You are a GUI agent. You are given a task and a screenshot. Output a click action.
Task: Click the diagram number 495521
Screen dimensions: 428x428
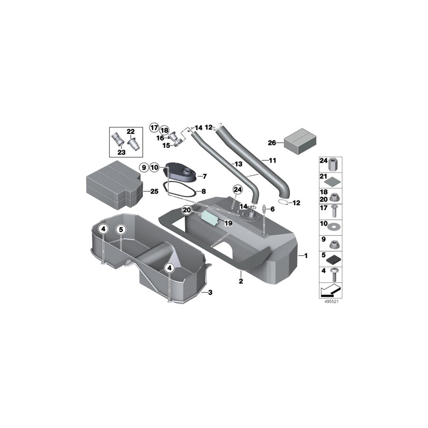(331, 302)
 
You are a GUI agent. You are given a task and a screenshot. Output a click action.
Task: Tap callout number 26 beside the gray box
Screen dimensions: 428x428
(272, 142)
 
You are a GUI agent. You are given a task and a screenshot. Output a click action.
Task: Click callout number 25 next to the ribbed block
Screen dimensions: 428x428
(154, 192)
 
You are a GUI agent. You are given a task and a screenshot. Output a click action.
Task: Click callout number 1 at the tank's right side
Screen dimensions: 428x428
(306, 256)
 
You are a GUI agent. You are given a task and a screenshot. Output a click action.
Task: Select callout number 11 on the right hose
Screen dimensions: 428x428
(272, 161)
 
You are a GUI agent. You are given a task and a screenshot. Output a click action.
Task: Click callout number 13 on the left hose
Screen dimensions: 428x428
(238, 164)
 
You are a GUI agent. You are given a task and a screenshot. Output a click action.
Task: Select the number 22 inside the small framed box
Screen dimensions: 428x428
(130, 132)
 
